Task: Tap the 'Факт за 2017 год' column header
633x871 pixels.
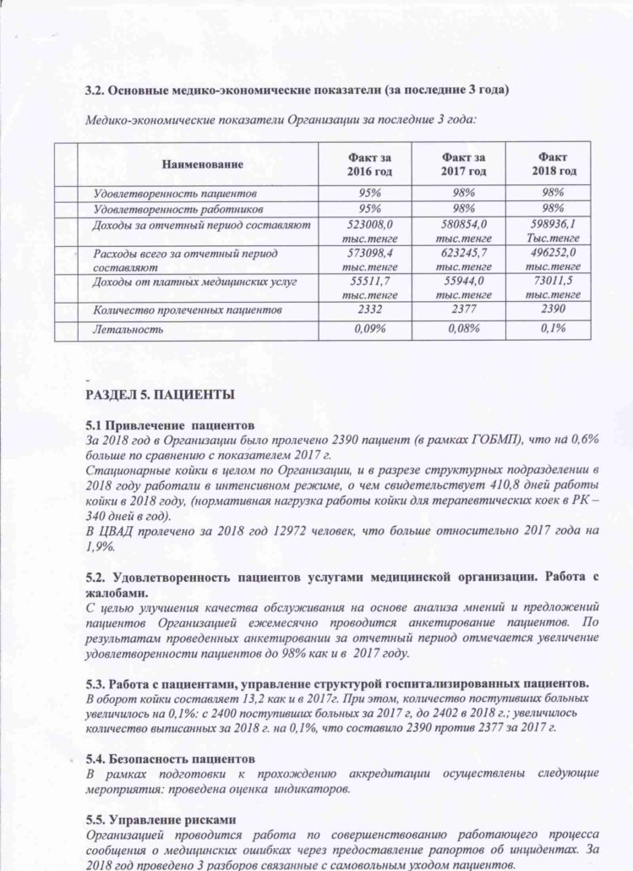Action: [463, 164]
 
